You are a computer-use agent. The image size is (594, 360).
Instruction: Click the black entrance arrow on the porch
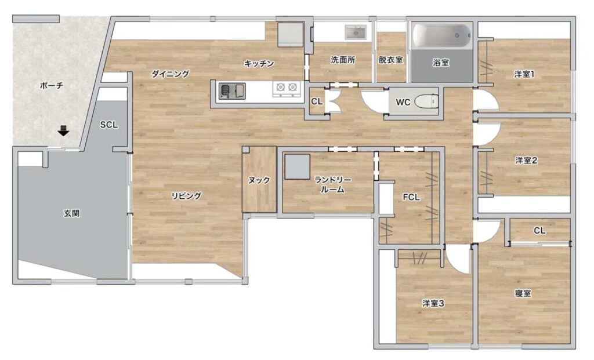[x=63, y=130]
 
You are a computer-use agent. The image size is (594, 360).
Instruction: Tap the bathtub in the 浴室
[x=441, y=36]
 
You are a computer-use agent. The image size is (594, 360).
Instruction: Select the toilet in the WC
[x=426, y=102]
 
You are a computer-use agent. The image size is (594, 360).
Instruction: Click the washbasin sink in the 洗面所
[x=356, y=32]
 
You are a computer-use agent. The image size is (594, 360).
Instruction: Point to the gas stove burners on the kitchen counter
[x=287, y=88]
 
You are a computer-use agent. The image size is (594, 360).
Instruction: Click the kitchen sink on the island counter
[x=232, y=92]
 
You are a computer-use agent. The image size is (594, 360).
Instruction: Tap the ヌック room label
[x=259, y=180]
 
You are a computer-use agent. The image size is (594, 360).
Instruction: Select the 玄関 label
[x=71, y=213]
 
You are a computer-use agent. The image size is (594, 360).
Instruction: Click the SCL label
[x=108, y=125]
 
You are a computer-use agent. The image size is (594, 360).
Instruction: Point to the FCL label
[x=411, y=197]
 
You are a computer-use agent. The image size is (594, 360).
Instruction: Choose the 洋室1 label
[x=524, y=74]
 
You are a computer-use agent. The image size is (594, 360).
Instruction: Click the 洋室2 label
[x=526, y=161]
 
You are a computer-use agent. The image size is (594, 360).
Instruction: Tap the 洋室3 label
[x=433, y=303]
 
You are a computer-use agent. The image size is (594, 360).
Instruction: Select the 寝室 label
[x=523, y=293]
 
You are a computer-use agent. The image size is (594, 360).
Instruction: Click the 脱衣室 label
[x=390, y=60]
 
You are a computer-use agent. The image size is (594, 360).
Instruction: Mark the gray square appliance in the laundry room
[x=298, y=166]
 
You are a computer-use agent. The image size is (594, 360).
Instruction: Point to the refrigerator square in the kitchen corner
[x=291, y=34]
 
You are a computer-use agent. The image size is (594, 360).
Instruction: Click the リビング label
[x=186, y=196]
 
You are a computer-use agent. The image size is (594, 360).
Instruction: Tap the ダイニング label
[x=171, y=74]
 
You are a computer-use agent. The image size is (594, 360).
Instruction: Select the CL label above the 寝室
[x=539, y=231]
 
